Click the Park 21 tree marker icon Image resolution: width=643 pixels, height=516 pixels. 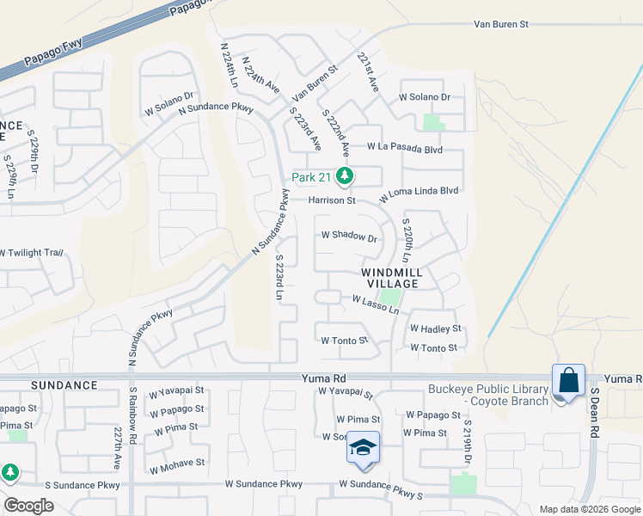click(345, 177)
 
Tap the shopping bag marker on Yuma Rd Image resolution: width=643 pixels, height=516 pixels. click(568, 380)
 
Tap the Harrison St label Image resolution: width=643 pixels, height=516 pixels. click(333, 200)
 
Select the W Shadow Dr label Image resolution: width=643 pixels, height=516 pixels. click(349, 236)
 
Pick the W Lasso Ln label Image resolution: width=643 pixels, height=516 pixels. click(376, 301)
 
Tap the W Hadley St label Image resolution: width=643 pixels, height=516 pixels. click(435, 329)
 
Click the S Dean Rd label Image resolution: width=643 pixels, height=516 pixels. click(593, 413)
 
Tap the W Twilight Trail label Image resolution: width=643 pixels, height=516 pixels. click(32, 253)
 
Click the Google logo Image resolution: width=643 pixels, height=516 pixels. click(28, 506)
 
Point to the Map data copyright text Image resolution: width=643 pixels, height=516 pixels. click(589, 509)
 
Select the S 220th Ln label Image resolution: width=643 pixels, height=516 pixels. click(407, 244)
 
